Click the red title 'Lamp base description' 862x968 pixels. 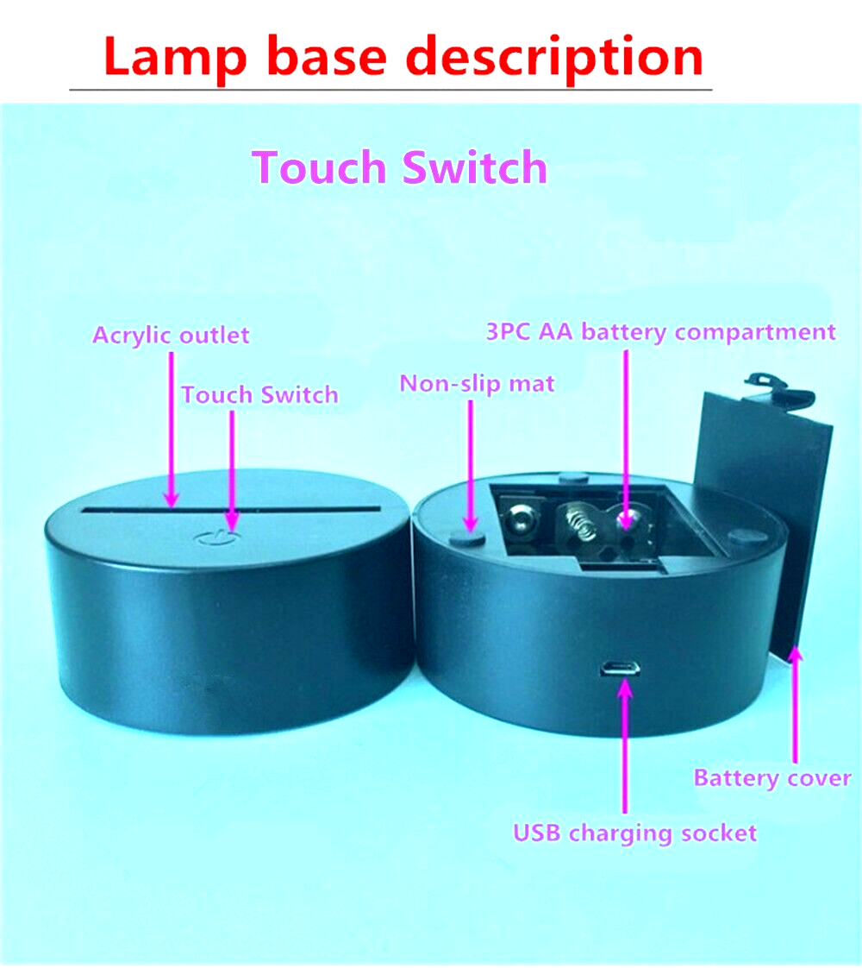click(x=403, y=57)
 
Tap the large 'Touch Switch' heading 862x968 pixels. click(x=400, y=167)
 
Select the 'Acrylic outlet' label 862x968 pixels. click(x=171, y=336)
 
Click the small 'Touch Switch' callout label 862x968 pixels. click(x=259, y=394)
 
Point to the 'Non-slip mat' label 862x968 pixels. click(x=477, y=384)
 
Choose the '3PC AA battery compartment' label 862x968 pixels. click(x=660, y=332)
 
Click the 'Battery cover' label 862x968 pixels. click(x=772, y=778)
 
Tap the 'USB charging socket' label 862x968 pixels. click(x=634, y=833)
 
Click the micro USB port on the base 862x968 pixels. click(x=619, y=669)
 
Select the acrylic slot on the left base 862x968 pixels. click(x=232, y=510)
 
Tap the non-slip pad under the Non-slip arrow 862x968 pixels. click(x=466, y=537)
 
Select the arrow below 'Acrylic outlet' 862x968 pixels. click(x=172, y=430)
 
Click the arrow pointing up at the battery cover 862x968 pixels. click(x=796, y=704)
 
